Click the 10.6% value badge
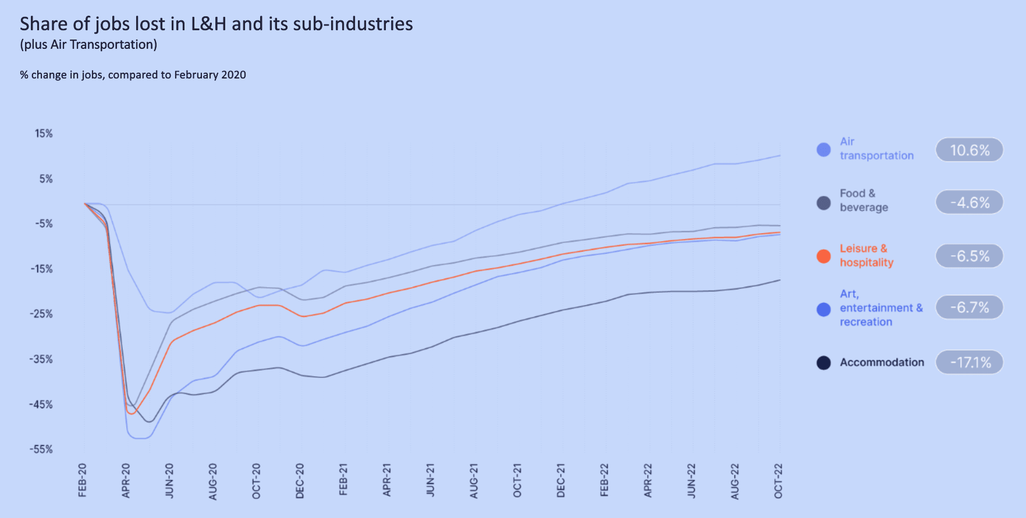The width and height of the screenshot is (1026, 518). click(969, 150)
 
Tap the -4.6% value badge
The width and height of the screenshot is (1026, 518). click(969, 202)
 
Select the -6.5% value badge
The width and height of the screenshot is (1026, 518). click(969, 256)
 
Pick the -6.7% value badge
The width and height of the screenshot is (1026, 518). click(969, 307)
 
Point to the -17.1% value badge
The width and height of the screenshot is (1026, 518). click(969, 362)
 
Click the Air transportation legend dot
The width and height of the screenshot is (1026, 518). click(823, 150)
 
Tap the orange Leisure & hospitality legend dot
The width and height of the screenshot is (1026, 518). click(823, 256)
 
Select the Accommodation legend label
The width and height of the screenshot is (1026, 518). click(882, 362)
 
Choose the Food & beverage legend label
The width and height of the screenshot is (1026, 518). click(864, 200)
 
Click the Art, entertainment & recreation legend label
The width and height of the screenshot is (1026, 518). click(881, 308)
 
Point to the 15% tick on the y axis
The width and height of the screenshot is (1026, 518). click(44, 134)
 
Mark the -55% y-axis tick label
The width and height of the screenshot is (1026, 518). click(41, 449)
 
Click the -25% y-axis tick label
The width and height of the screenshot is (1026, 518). click(41, 314)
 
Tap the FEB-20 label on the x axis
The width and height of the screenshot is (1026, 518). click(83, 480)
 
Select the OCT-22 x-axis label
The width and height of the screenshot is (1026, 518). click(779, 481)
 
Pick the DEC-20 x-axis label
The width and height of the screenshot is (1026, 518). click(300, 481)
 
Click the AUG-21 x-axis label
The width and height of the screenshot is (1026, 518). click(474, 481)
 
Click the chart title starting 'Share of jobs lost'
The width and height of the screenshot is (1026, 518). click(216, 24)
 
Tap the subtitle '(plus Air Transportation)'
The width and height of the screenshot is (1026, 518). click(88, 45)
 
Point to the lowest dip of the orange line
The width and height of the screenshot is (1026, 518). click(131, 413)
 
